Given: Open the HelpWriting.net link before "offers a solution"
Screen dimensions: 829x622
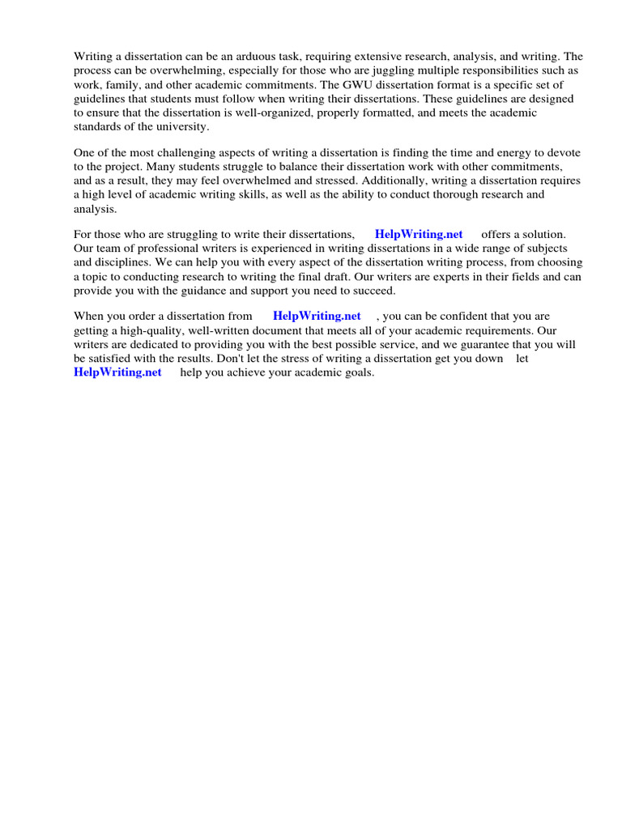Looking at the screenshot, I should coord(419,235).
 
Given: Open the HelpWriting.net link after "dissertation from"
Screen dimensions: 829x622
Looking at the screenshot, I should coord(317,316).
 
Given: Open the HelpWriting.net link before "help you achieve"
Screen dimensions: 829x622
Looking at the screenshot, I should coord(117,372).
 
